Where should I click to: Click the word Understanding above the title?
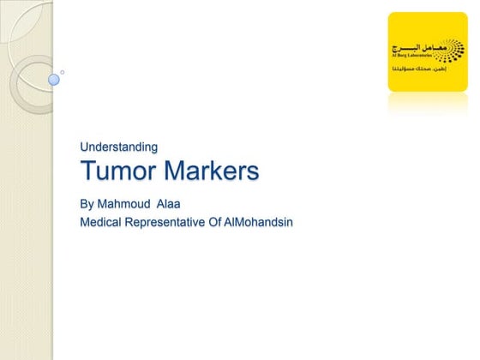point(118,147)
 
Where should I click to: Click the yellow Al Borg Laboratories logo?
point(427,51)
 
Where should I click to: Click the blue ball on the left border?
point(54,80)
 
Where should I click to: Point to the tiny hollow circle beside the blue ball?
point(63,72)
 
